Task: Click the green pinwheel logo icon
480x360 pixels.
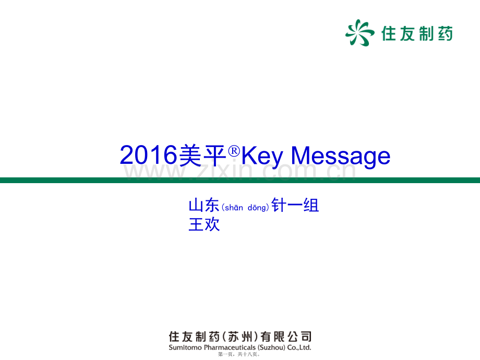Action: click(359, 33)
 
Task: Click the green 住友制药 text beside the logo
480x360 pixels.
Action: click(417, 33)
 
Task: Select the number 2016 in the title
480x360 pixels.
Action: click(149, 155)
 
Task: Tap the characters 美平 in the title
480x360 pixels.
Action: click(202, 155)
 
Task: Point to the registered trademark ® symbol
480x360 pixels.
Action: click(234, 151)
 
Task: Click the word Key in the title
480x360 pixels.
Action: click(262, 157)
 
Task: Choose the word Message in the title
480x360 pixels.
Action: click(340, 157)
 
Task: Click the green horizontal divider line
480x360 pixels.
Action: click(240, 180)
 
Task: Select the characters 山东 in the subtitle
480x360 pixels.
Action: click(204, 205)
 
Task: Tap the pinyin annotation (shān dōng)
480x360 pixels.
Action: click(245, 208)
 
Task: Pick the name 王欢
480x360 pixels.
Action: click(204, 224)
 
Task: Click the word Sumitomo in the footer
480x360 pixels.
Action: click(185, 347)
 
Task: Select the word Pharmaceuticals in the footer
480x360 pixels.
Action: click(230, 348)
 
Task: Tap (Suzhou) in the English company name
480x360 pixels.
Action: click(271, 348)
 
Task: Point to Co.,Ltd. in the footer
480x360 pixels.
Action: click(299, 348)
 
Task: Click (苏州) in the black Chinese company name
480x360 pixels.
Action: click(241, 337)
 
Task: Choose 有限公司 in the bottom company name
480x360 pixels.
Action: click(286, 337)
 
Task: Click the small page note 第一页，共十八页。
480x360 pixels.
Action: click(239, 354)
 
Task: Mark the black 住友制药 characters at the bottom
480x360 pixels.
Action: click(194, 337)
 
